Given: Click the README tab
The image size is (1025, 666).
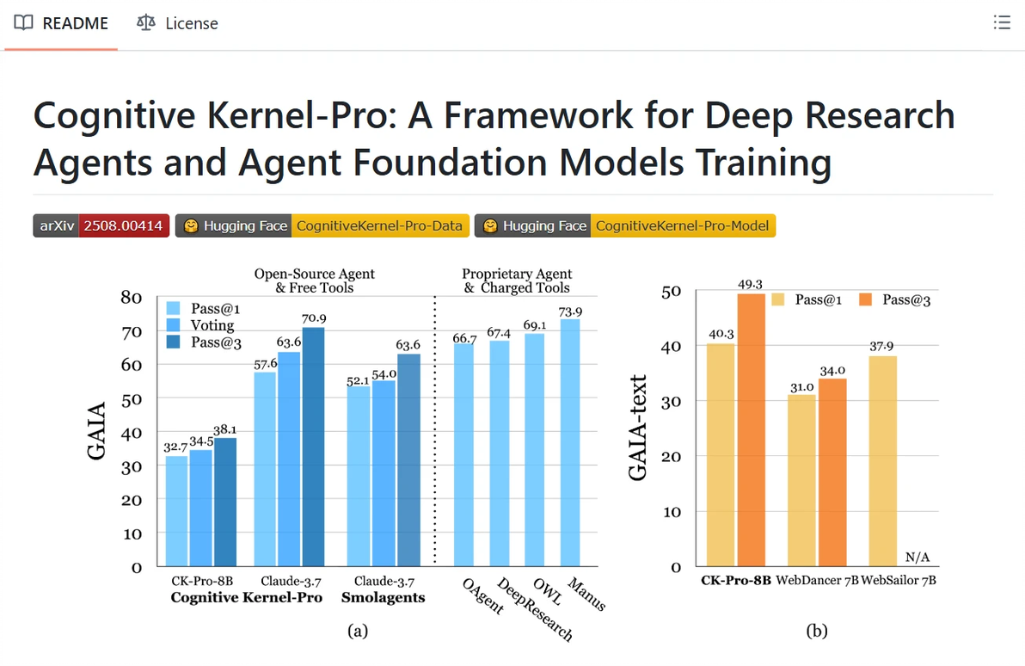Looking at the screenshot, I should [61, 23].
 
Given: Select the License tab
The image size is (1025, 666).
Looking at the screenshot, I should [178, 23].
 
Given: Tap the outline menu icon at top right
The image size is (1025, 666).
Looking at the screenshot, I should [1001, 23].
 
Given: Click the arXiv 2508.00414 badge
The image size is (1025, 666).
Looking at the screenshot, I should [101, 225].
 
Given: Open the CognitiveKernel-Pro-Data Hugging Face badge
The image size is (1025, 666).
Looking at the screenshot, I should [322, 225].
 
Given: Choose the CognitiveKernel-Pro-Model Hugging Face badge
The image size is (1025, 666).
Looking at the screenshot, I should [625, 225].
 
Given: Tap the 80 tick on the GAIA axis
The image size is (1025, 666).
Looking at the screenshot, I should [132, 298].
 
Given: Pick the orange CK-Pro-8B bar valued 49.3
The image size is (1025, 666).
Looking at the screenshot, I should [751, 429].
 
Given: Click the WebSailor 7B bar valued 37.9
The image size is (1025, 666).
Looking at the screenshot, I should [882, 460].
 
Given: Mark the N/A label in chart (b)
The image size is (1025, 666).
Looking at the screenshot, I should [919, 556].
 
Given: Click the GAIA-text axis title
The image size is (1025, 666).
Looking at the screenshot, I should [638, 429].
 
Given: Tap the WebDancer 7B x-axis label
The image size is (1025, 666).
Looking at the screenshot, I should [816, 581].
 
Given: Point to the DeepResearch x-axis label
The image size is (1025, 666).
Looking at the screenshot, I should [535, 609].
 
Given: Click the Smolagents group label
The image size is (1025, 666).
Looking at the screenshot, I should [383, 597].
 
